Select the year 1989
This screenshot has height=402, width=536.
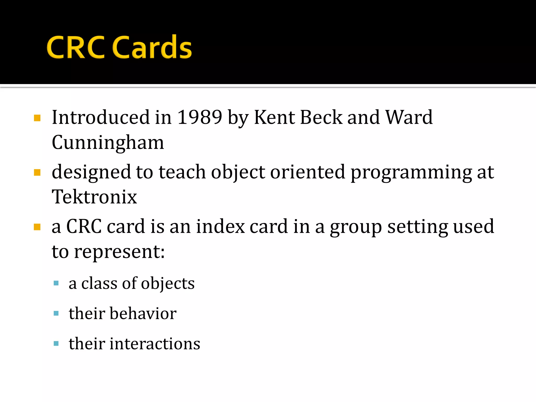coord(200,117)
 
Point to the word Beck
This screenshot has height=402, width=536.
coord(321,117)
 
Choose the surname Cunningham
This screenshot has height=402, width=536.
coord(108,143)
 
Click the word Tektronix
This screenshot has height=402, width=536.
coord(94,197)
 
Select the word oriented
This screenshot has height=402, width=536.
coord(308,172)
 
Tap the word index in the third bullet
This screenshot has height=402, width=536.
coord(220,226)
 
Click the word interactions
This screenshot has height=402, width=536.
coord(155,344)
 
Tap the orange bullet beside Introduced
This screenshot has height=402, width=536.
coord(37,118)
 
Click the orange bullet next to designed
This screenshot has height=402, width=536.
coord(37,173)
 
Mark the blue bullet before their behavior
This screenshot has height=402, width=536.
coord(56,313)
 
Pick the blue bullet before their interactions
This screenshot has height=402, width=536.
coord(56,343)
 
